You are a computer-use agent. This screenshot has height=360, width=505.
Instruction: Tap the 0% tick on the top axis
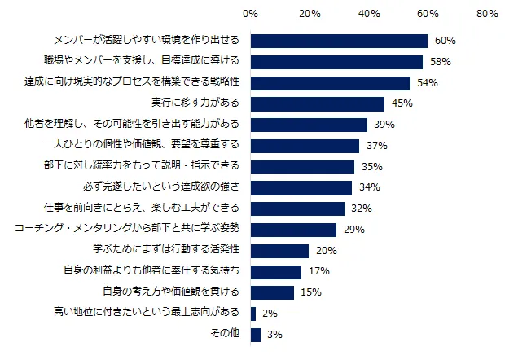[x=251, y=15]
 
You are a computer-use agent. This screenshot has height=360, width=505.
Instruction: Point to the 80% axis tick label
[x=487, y=15]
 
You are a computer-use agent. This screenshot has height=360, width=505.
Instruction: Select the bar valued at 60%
[x=339, y=41]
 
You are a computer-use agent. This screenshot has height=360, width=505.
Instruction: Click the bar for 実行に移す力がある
[x=318, y=103]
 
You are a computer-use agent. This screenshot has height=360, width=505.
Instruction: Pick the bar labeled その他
[x=256, y=335]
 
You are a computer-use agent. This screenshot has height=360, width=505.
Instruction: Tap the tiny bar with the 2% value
[x=253, y=314]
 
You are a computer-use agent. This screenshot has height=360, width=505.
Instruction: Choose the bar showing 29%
[x=293, y=230]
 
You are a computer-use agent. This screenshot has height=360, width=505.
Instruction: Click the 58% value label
[x=441, y=62]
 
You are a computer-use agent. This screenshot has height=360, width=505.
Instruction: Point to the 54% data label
[x=428, y=83]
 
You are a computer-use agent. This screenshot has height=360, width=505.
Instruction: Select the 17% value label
[x=319, y=271]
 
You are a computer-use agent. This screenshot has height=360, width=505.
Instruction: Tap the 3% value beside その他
[x=274, y=335]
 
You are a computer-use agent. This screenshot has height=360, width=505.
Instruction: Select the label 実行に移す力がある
[x=195, y=103]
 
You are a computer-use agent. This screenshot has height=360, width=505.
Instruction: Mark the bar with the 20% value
[x=280, y=250]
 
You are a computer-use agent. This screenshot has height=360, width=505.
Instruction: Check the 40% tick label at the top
[x=369, y=15]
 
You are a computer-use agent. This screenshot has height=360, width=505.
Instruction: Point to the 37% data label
[x=378, y=146]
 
